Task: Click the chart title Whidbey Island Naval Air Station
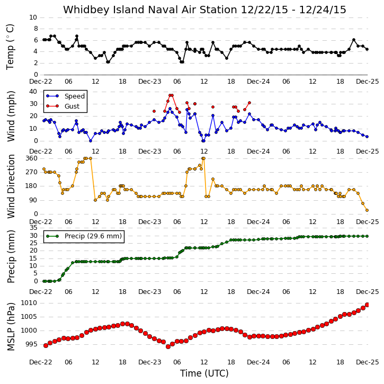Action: [150, 10]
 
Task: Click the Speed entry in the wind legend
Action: [75, 96]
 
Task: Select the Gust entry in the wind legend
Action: [72, 106]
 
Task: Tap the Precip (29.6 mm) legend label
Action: [93, 236]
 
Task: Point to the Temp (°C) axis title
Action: [10, 47]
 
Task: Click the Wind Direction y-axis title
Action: [11, 186]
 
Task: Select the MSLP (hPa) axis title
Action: [11, 326]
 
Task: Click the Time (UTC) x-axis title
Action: [204, 373]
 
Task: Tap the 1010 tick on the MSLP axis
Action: [29, 303]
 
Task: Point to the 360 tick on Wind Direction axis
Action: [32, 158]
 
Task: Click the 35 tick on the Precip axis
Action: [33, 228]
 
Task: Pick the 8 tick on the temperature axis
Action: [36, 29]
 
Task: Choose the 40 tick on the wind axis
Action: [33, 92]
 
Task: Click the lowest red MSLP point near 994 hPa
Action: [168, 346]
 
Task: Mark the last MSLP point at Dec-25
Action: [367, 305]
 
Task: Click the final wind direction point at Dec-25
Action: [367, 210]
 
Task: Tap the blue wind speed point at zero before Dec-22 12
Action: [91, 141]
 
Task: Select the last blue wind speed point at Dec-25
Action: [367, 137]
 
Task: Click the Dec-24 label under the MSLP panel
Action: [258, 362]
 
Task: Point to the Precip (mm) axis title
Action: [11, 256]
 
